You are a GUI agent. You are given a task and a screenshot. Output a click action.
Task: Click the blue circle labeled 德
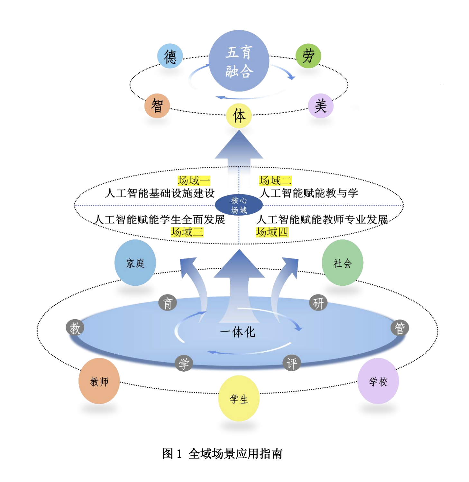click(x=170, y=56)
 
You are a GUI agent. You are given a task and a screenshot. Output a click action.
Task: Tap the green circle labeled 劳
click(x=308, y=56)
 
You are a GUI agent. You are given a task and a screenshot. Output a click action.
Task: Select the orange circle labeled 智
click(x=157, y=106)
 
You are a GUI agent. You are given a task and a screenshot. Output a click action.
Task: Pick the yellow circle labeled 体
click(x=239, y=116)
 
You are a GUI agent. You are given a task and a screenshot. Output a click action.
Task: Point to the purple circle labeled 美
click(x=321, y=106)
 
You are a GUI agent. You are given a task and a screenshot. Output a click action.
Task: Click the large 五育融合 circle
click(x=239, y=61)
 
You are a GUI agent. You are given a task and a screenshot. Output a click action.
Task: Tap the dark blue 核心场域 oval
click(x=239, y=205)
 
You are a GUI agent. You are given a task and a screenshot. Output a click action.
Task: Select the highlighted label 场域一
click(x=194, y=181)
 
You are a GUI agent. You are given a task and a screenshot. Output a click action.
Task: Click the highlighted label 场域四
click(x=272, y=232)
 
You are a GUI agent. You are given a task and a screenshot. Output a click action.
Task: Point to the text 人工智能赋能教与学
click(x=309, y=193)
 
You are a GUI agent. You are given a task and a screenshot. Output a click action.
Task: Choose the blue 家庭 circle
click(x=135, y=263)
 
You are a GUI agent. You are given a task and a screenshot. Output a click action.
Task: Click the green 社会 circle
click(x=343, y=263)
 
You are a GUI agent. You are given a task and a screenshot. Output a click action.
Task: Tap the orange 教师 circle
click(x=99, y=381)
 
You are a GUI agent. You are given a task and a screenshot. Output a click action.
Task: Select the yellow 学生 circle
click(x=239, y=399)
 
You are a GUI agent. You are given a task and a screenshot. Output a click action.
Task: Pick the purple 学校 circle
click(x=378, y=381)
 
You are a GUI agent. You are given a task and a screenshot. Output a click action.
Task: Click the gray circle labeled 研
click(x=318, y=303)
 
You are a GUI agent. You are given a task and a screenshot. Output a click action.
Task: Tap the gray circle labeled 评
click(x=292, y=364)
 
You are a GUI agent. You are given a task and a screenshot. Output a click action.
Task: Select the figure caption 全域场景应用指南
click(x=235, y=454)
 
